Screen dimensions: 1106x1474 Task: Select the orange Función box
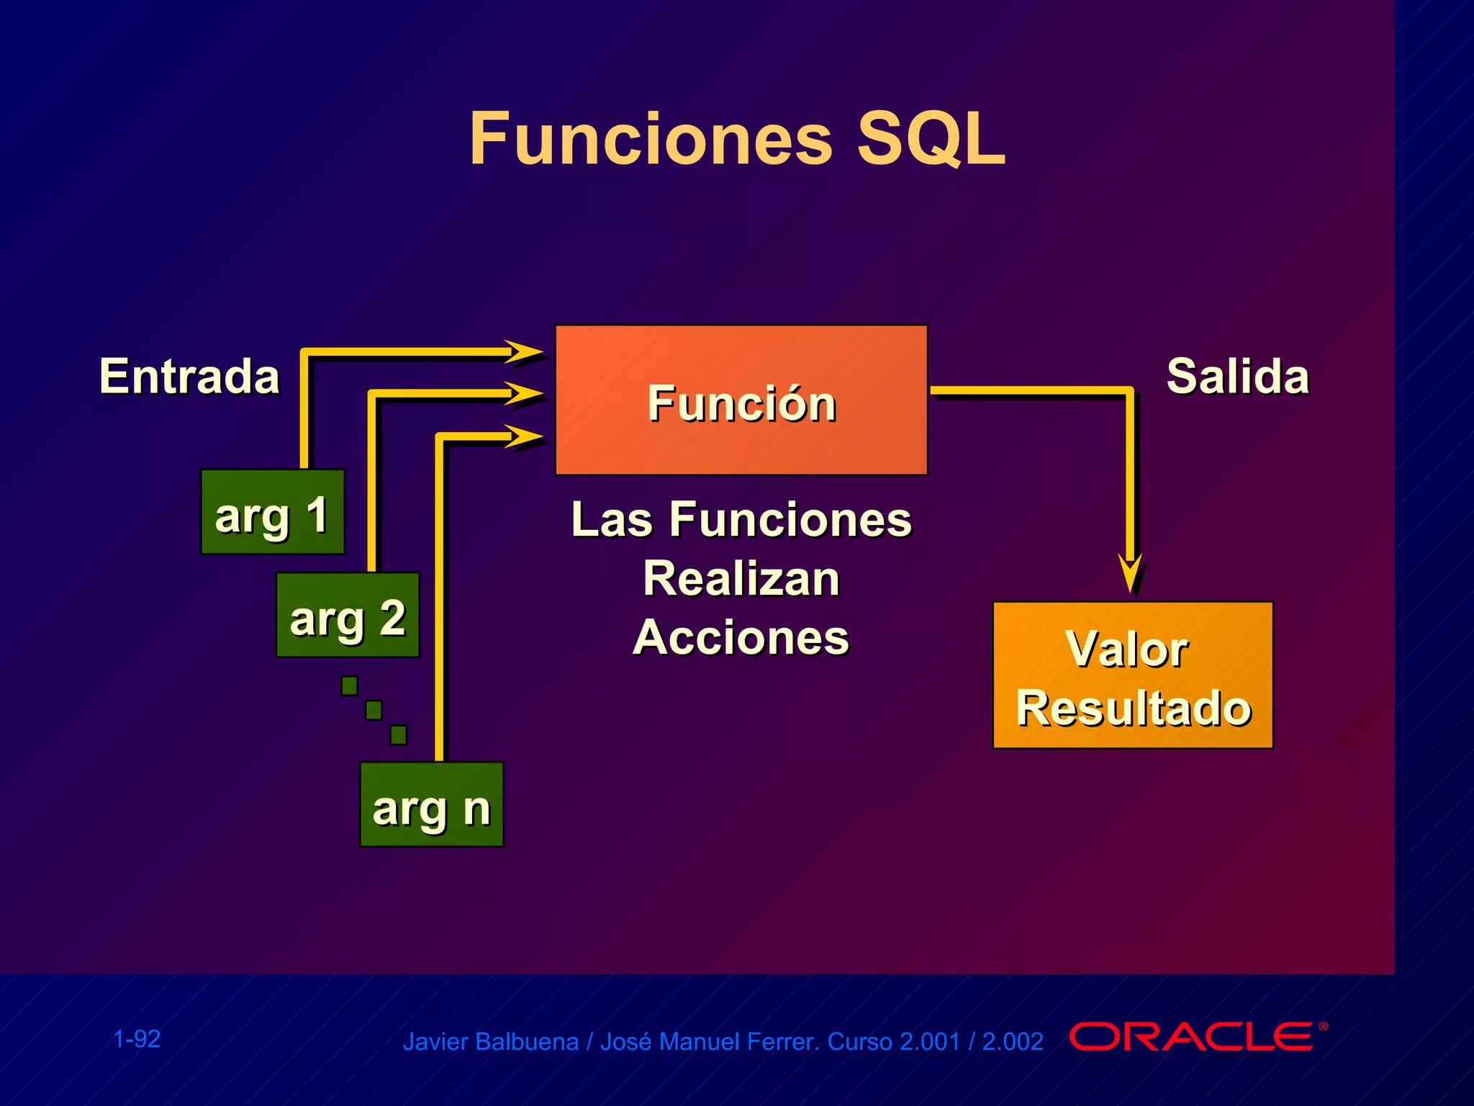741,400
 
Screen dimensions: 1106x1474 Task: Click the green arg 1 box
272,512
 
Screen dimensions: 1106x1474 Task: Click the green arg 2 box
348,615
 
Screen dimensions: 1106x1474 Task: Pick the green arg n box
431,804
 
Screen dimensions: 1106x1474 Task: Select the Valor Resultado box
1132,675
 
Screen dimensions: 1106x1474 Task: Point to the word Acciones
741,638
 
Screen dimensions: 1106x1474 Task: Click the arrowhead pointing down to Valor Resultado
1131,572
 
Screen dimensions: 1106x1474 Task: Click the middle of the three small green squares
374,710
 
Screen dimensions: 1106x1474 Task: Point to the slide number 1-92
137,1039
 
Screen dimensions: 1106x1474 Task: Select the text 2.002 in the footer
1012,1042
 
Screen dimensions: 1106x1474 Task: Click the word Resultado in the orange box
1133,709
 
